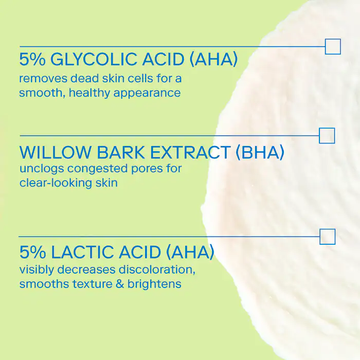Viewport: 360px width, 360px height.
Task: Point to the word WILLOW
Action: pos(55,152)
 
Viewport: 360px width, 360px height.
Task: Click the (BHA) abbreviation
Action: pos(260,152)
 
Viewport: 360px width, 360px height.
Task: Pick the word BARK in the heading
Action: pos(121,152)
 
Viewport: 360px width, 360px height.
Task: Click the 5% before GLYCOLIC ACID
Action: pos(32,59)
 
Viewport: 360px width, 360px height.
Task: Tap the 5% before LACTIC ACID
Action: pos(32,252)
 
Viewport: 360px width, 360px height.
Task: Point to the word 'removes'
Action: pos(43,79)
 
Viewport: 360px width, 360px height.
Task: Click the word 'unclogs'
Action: pos(42,169)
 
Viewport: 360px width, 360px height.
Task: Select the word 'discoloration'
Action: pos(157,269)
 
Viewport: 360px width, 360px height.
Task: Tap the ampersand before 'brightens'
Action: pos(120,284)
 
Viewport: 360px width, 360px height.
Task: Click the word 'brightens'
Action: pos(154,284)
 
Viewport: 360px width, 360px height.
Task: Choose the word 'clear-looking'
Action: pos(55,183)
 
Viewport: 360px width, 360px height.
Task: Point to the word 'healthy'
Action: pos(90,94)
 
